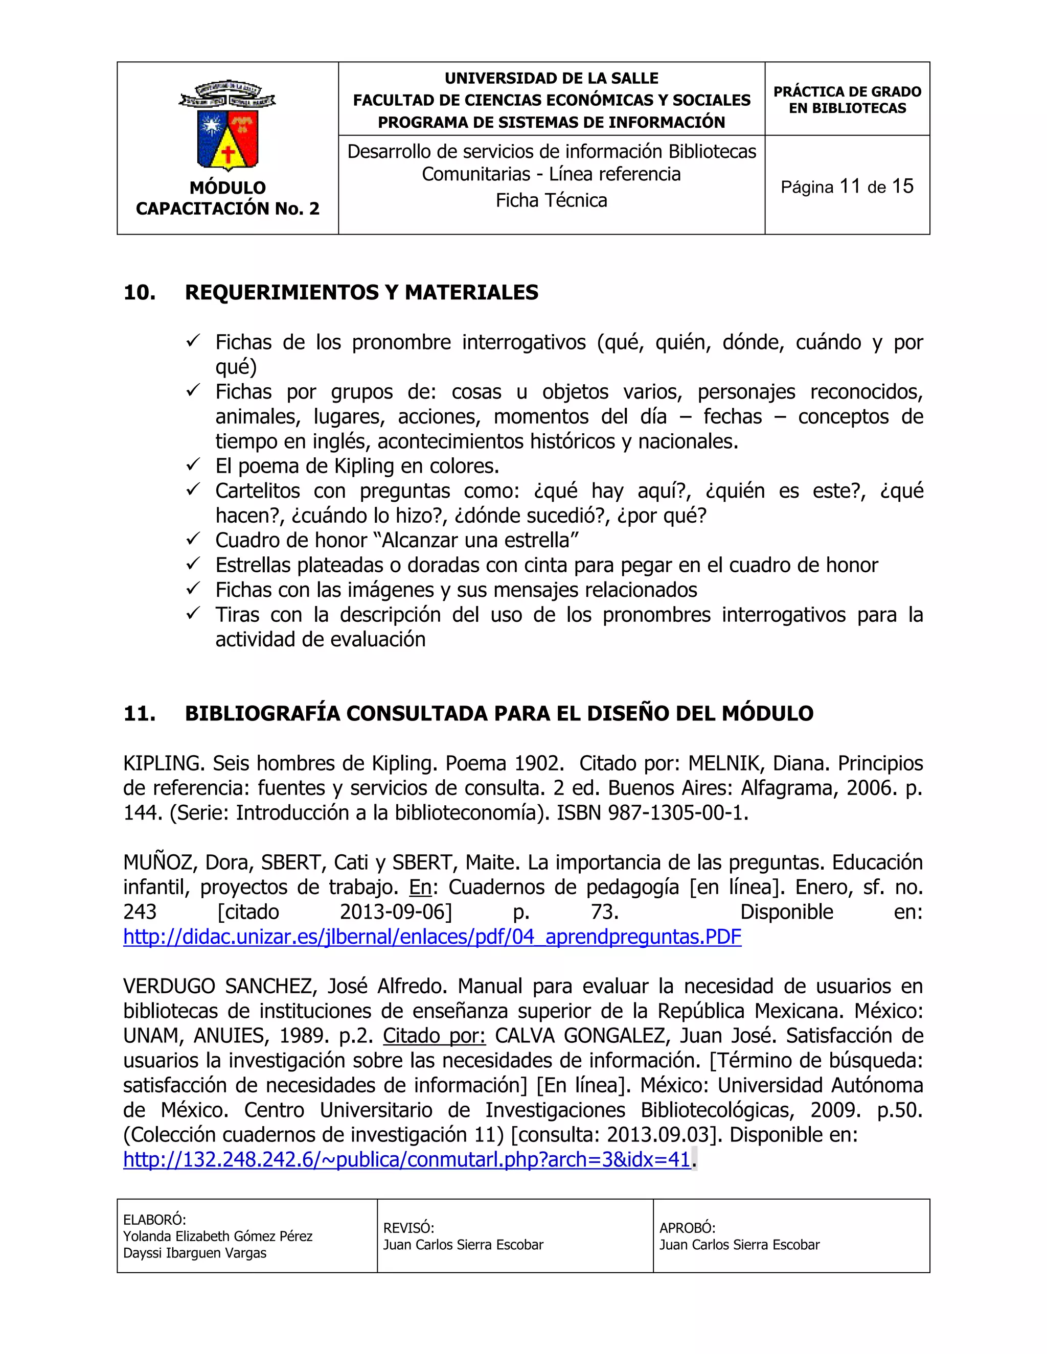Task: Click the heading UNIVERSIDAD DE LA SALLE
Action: pos(552,79)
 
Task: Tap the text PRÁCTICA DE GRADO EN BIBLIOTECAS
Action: pos(847,100)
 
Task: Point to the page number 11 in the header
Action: pos(850,186)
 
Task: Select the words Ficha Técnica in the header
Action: pos(552,200)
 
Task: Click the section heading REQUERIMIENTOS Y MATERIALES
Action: pos(361,293)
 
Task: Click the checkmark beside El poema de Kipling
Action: pos(193,464)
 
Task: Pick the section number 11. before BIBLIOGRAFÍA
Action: pos(140,714)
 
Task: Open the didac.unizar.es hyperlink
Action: pos(433,937)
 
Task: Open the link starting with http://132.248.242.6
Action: pos(407,1159)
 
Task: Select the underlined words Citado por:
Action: pos(434,1036)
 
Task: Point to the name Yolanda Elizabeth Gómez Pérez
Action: pos(218,1236)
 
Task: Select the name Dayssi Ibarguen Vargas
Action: pos(195,1253)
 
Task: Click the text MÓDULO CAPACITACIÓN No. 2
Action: pos(227,198)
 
